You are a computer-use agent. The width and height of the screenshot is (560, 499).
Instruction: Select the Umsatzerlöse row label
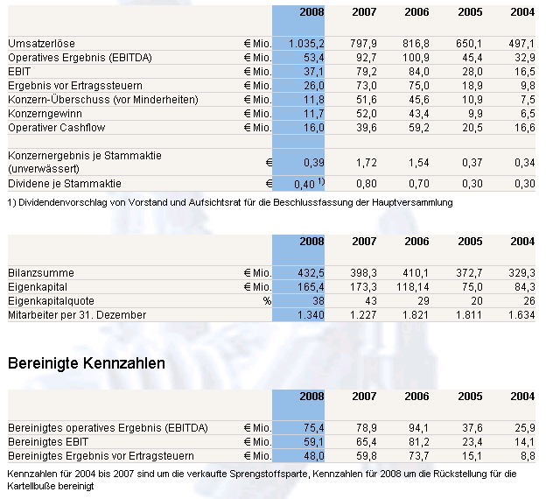point(40,43)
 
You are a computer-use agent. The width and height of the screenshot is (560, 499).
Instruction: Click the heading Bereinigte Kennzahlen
point(86,362)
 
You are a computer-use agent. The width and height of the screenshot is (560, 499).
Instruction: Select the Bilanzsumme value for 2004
point(522,273)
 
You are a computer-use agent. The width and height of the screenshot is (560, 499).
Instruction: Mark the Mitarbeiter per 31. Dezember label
point(77,315)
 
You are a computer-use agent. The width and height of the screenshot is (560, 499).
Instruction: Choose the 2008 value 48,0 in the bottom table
point(311,455)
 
